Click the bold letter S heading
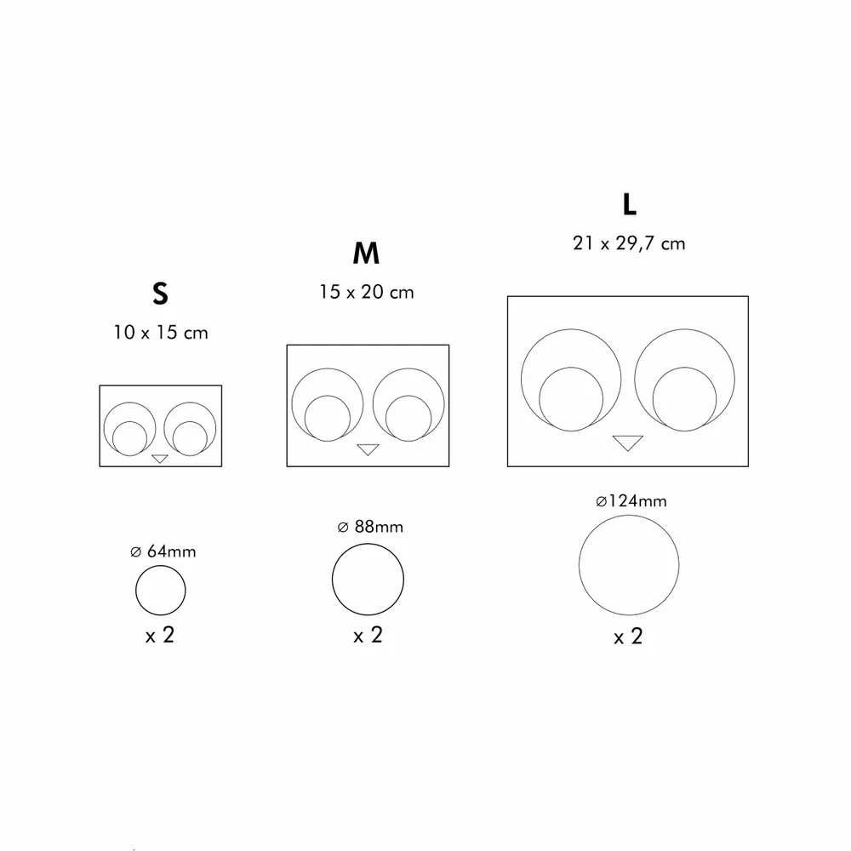160,294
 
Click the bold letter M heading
366,254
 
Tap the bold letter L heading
629,205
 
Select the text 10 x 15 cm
160,332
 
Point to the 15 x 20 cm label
367,292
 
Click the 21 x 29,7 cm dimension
629,243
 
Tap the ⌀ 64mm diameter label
163,551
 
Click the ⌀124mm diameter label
631,501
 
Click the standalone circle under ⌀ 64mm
161,590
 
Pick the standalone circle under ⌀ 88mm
368,579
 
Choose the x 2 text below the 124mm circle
628,636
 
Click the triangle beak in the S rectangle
160,459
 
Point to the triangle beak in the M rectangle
368,448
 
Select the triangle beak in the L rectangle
628,441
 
